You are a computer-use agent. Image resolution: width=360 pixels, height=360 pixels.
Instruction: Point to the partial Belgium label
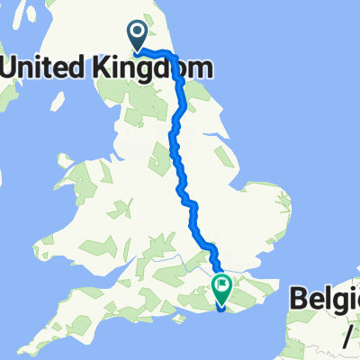coord(325,300)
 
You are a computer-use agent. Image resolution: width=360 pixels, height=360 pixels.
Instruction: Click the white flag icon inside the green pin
coord(221,285)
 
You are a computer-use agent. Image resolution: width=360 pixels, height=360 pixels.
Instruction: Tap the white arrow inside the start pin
coord(138,33)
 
